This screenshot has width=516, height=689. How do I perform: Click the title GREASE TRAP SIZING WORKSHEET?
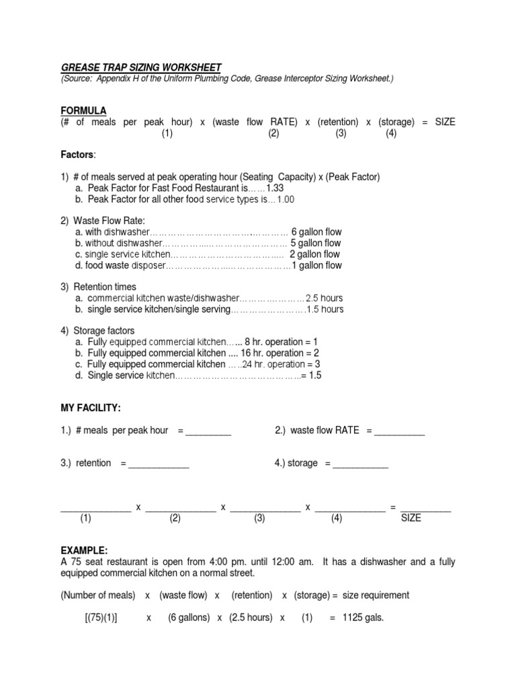(141, 67)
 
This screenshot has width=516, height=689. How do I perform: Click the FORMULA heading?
(83, 110)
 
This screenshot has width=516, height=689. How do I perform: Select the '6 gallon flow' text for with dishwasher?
(316, 232)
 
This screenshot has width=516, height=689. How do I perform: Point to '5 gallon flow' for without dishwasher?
(316, 243)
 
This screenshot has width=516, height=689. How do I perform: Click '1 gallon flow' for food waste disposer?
(316, 265)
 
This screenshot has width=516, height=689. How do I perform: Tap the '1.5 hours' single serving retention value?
(325, 310)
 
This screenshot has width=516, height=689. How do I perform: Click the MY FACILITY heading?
(91, 408)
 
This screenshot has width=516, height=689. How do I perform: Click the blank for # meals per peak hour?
(208, 431)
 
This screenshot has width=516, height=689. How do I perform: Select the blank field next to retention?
(159, 464)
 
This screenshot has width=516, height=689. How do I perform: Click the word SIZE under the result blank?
(411, 518)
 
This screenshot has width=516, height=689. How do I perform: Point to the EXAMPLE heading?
(84, 550)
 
